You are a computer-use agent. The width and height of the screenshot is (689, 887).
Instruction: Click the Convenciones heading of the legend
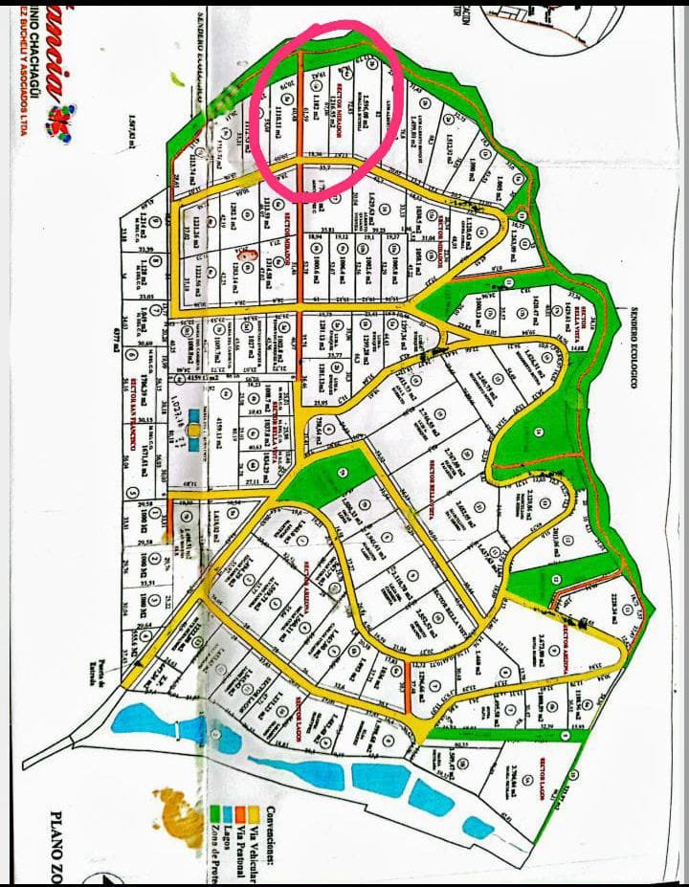(265, 841)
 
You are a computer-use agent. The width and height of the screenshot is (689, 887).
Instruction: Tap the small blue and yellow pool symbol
(195, 436)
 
